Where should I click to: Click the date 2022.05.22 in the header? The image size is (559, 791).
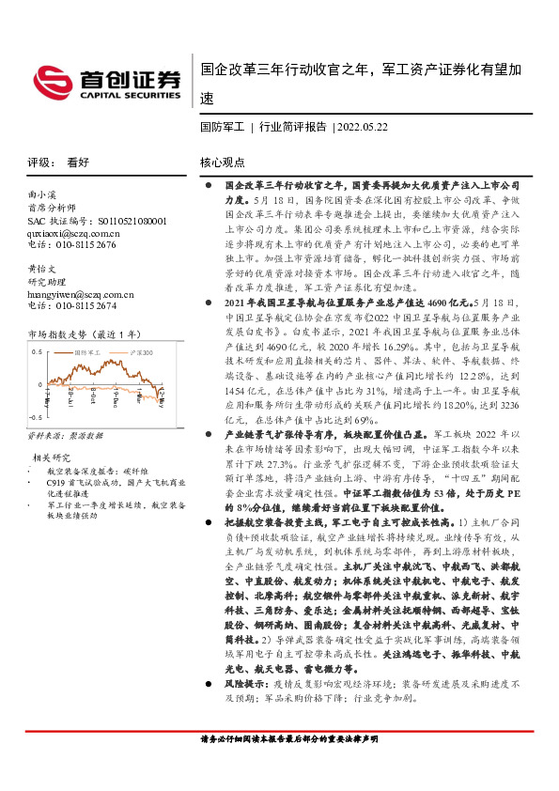coord(364,125)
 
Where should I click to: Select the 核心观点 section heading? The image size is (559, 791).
coord(223,162)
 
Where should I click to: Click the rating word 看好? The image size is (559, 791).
coord(78,162)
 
